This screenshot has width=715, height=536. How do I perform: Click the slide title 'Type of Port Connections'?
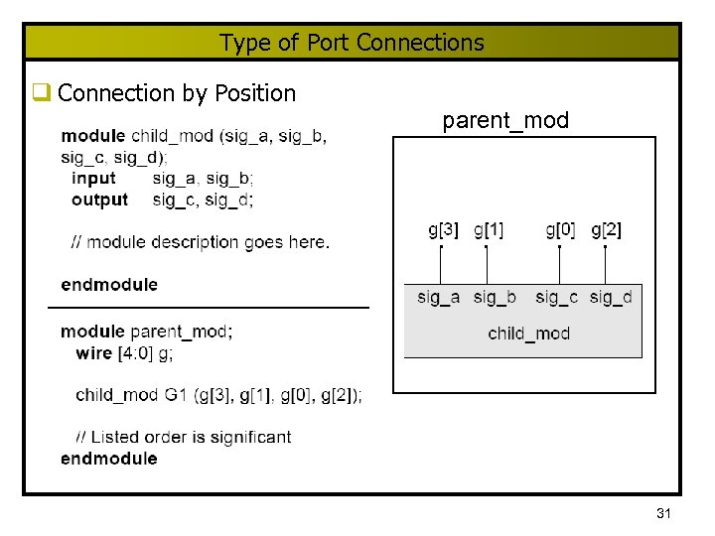click(352, 43)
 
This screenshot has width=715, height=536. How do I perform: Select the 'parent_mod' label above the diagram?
click(505, 121)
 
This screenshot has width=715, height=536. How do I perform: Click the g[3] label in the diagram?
click(443, 230)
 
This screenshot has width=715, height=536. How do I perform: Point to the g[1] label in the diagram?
click(488, 230)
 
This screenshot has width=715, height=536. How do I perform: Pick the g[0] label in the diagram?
click(560, 230)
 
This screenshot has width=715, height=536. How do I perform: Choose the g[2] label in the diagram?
click(606, 230)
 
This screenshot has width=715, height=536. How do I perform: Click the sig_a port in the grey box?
click(438, 297)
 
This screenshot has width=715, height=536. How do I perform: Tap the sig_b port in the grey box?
click(494, 297)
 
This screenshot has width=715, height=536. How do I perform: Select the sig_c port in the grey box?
click(556, 297)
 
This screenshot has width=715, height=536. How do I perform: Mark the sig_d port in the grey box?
click(610, 297)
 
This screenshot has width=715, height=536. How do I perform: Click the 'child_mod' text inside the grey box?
click(528, 334)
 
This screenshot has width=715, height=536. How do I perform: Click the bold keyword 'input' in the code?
click(93, 179)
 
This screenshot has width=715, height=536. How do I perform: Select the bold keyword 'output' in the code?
click(99, 200)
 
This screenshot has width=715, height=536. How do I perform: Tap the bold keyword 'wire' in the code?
click(93, 352)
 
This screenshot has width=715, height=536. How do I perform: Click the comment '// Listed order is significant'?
click(183, 437)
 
